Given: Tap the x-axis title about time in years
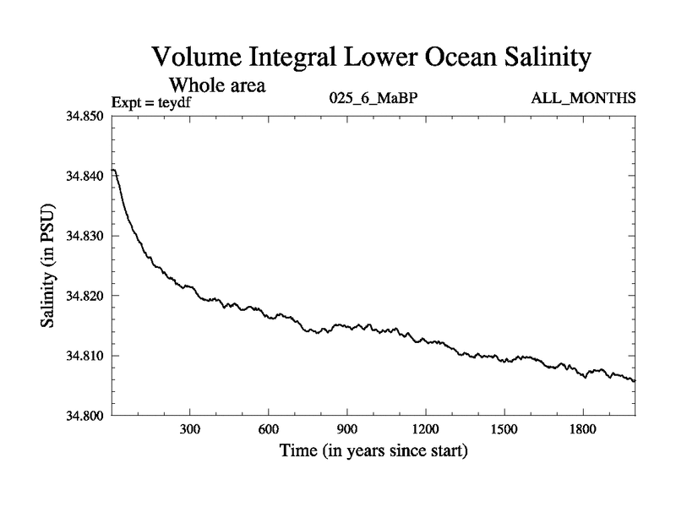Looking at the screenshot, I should pos(373,451).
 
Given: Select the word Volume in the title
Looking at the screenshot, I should pos(199,58).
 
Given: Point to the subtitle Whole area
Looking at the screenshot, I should pos(218,85).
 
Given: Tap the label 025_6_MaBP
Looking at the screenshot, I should pos(373,99).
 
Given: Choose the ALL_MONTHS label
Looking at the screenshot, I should pos(583,99).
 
